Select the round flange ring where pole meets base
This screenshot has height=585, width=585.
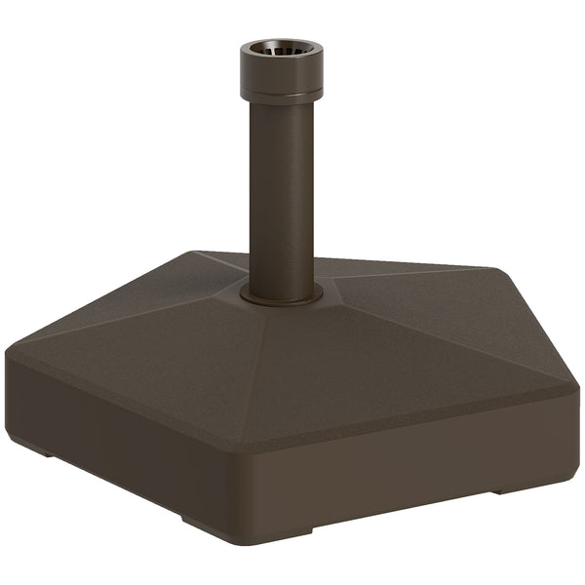point(282,292)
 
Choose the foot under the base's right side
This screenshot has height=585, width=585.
point(512,487)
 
